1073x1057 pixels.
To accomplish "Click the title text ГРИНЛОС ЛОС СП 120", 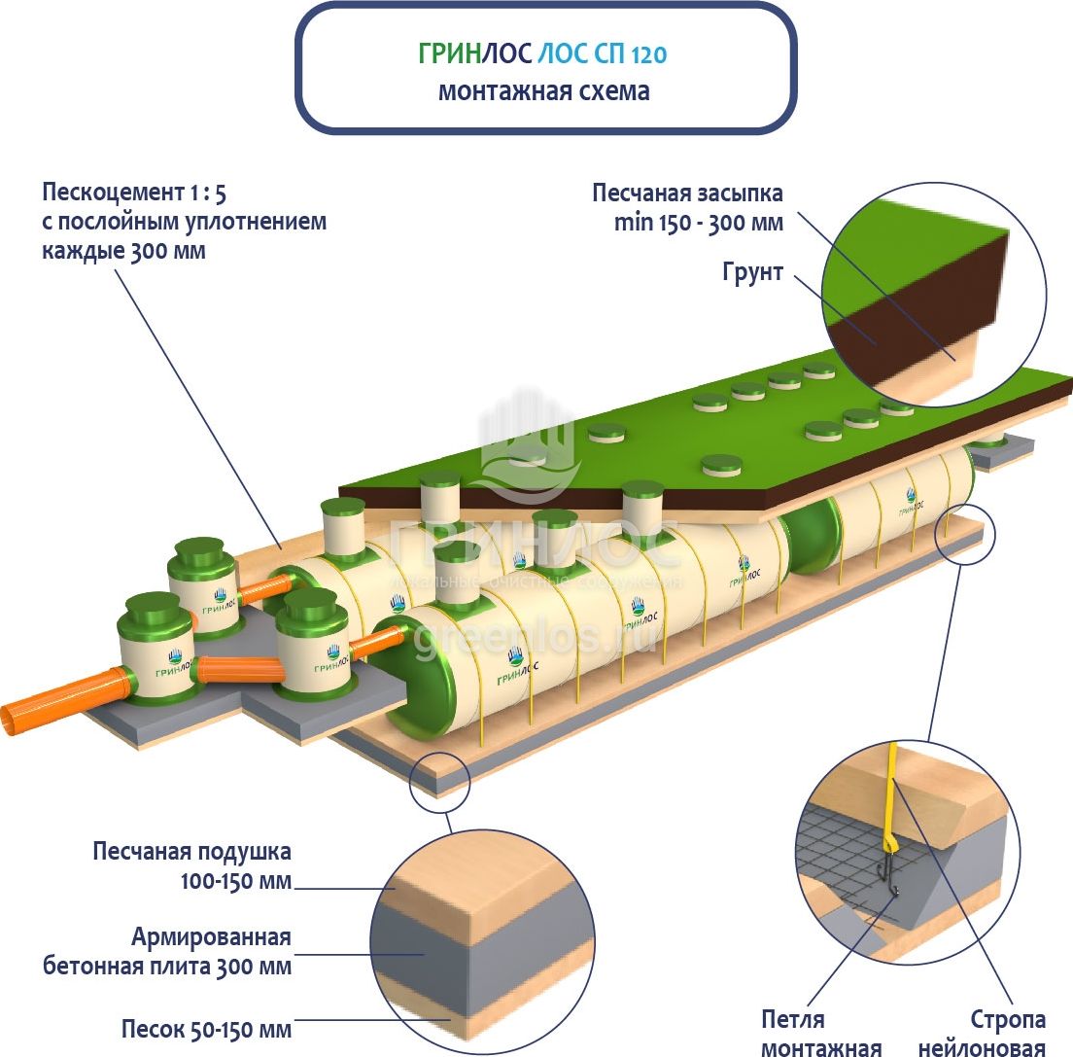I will (x=542, y=53).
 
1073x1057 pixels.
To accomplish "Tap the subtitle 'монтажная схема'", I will (x=543, y=92).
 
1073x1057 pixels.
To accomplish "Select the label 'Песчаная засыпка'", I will (x=687, y=193).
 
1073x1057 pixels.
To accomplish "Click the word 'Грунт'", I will (x=752, y=271).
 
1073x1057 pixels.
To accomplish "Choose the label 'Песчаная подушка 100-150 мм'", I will (x=192, y=866).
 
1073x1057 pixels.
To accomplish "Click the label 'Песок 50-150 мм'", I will (x=206, y=1029).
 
